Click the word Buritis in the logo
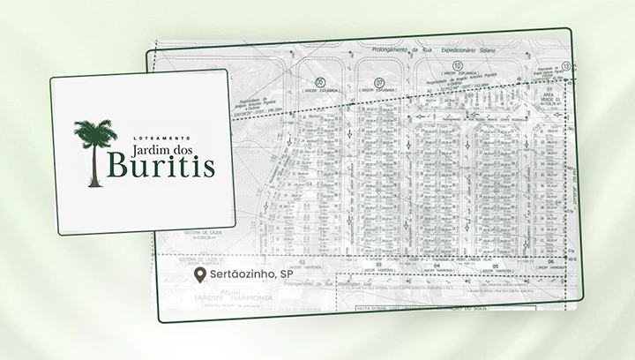tap(161, 167)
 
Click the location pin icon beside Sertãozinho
tap(201, 276)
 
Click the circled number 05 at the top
tap(307, 84)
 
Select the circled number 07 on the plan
tap(379, 83)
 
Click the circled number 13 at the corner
tap(564, 67)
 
